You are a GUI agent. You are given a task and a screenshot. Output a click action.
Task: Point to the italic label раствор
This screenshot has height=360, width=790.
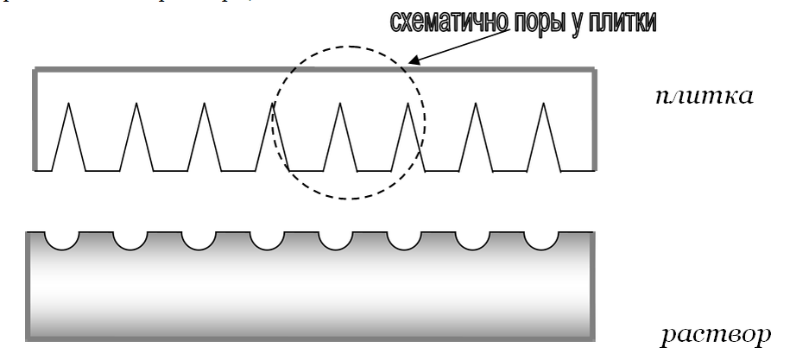coord(715,333)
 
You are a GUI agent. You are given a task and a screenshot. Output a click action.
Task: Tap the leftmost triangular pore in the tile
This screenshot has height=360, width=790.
coord(67,138)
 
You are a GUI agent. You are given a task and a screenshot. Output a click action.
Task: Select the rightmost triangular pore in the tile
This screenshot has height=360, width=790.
coord(543,138)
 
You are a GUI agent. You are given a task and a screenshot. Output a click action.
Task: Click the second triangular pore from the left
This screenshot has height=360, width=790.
coord(136,138)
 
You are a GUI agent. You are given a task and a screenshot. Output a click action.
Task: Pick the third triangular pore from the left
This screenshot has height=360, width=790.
coord(204,138)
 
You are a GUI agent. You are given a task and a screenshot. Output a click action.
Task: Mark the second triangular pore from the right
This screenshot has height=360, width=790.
coord(475,138)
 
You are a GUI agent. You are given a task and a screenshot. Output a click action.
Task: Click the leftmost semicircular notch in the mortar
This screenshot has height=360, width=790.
coord(60,239)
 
